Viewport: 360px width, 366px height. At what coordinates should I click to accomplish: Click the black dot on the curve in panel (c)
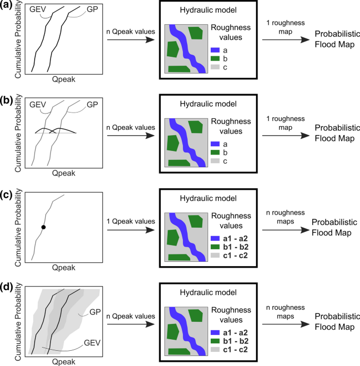[44, 227]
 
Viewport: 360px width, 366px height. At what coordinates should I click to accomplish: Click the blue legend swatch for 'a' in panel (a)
[215, 49]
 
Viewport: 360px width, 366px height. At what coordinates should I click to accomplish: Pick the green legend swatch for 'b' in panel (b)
[215, 151]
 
